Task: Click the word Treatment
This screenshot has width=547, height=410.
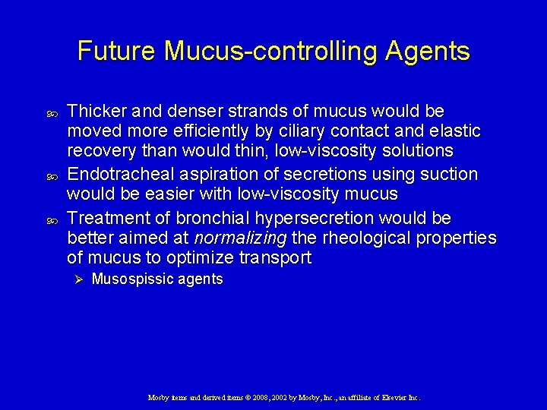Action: pos(104,219)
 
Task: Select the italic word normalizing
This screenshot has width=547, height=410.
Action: pos(241,238)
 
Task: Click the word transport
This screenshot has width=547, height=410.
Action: pos(274,258)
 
